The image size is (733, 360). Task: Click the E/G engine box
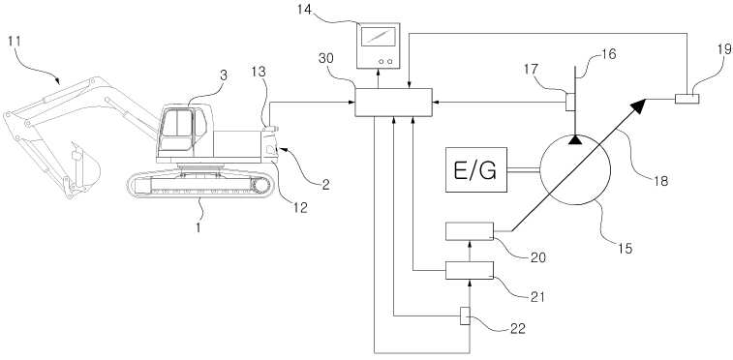pyautogui.click(x=476, y=169)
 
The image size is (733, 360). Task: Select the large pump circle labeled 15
pyautogui.click(x=575, y=170)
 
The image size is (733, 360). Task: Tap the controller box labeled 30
pyautogui.click(x=393, y=103)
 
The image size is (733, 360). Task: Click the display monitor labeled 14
pyautogui.click(x=379, y=45)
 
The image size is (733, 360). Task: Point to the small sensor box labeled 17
pyautogui.click(x=570, y=102)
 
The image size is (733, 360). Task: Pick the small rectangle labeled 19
pyautogui.click(x=687, y=99)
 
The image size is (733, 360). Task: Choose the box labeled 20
pyautogui.click(x=470, y=231)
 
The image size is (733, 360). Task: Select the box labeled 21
pyautogui.click(x=470, y=270)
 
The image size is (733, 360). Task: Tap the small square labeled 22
pyautogui.click(x=465, y=316)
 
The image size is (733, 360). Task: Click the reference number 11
pyautogui.click(x=15, y=41)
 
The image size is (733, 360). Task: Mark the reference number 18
pyautogui.click(x=660, y=180)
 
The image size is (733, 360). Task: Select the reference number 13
pyautogui.click(x=258, y=72)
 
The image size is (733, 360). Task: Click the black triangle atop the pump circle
pyautogui.click(x=575, y=139)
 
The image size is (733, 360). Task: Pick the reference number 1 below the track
pyautogui.click(x=198, y=228)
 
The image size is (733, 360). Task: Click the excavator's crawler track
pyautogui.click(x=200, y=185)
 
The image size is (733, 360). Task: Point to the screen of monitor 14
pyautogui.click(x=379, y=37)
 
